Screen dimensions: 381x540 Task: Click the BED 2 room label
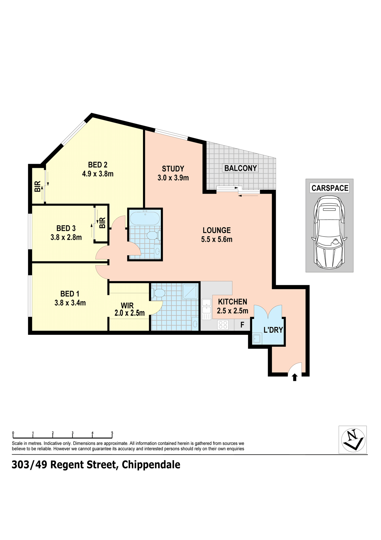(97, 165)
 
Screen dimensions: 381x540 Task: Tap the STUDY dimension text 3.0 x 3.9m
(173, 178)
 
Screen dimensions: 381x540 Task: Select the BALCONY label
(240, 168)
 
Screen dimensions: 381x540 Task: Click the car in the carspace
(329, 232)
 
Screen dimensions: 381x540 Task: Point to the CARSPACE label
(330, 188)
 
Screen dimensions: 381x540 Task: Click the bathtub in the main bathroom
(144, 218)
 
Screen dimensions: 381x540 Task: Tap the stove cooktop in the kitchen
(222, 325)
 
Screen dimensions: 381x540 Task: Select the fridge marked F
(242, 325)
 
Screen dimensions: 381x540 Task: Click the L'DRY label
(273, 329)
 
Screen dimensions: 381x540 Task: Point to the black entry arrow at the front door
(294, 377)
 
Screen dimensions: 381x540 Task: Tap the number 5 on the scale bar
(112, 433)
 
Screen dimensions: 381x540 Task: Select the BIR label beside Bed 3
(102, 223)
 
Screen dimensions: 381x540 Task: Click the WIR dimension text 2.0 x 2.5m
(129, 313)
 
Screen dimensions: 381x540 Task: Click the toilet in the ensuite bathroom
(158, 293)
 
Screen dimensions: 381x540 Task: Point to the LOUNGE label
(217, 230)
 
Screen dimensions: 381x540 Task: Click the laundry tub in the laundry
(256, 339)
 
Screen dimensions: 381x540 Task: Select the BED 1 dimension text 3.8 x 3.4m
(70, 303)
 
